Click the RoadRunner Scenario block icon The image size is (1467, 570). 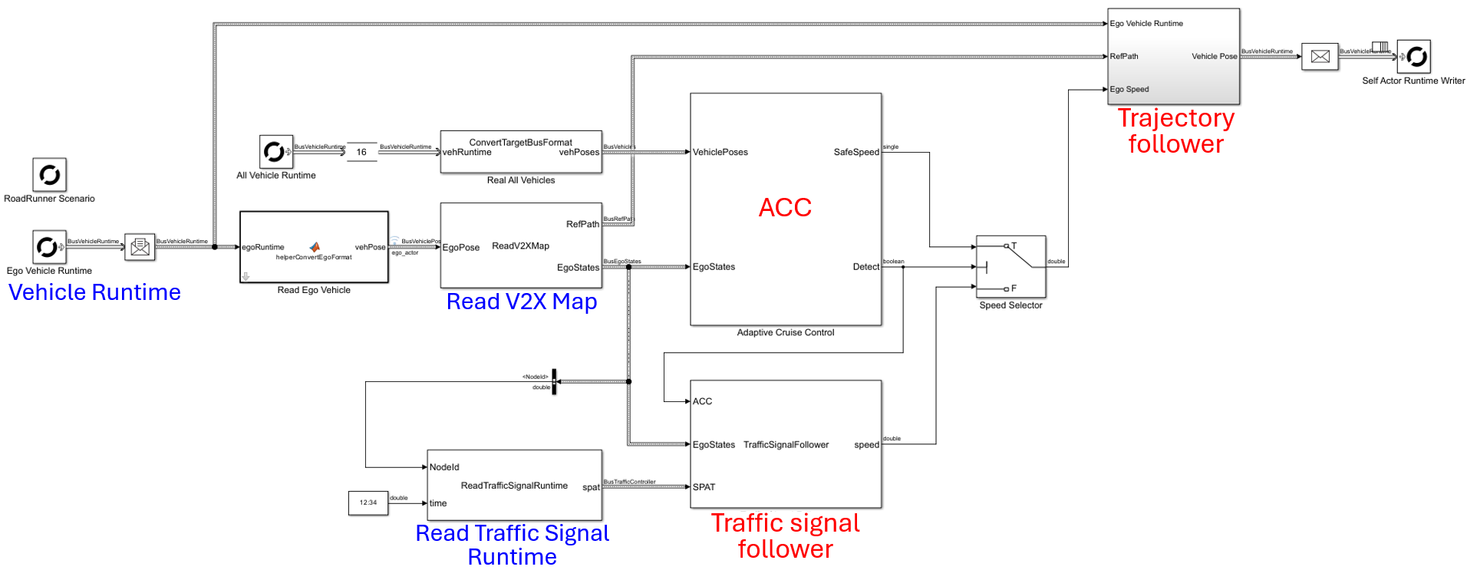(49, 175)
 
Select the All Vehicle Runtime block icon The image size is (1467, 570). (275, 152)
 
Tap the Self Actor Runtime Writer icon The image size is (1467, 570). (1413, 56)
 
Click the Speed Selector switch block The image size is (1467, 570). (1010, 266)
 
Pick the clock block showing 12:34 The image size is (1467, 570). (368, 502)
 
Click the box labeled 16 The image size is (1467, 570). (361, 152)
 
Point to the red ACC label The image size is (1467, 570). (785, 207)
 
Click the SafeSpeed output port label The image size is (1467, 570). (856, 152)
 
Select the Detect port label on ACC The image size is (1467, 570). (865, 267)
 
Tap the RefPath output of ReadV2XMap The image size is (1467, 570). (582, 224)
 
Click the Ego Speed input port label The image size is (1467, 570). (1129, 89)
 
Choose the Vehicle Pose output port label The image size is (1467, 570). (1214, 56)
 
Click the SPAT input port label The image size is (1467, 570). (704, 487)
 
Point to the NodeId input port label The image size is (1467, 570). (444, 467)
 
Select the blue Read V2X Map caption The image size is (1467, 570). (522, 301)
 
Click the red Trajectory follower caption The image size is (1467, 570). (1175, 131)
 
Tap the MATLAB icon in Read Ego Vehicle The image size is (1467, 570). (315, 247)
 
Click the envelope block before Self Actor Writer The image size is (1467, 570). (1320, 56)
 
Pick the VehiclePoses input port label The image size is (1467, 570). (720, 152)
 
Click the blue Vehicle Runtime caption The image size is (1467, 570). (94, 292)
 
